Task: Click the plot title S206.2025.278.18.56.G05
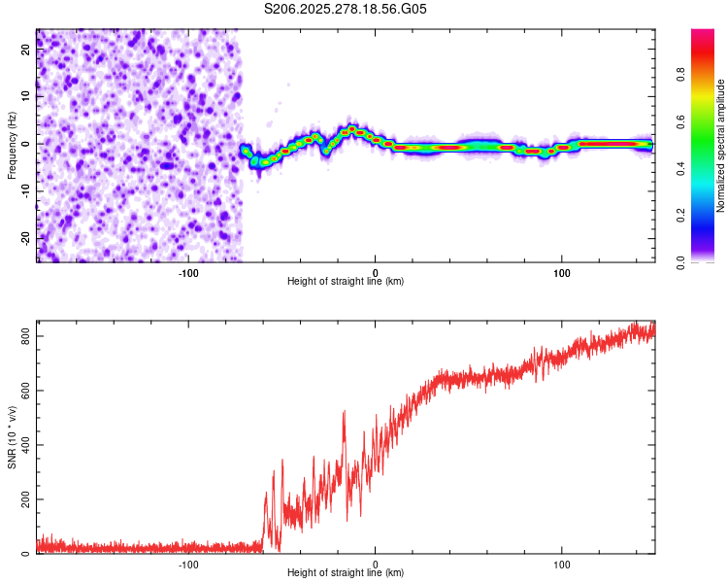[346, 10]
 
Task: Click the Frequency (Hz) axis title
[12, 145]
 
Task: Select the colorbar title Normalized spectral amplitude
[721, 145]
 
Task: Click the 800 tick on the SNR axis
[22, 335]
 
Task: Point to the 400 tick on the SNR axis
[22, 445]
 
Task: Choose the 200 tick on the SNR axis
[22, 499]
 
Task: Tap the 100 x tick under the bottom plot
[561, 563]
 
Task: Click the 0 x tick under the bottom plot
[376, 563]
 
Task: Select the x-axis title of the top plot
[346, 282]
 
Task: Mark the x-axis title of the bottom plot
[346, 573]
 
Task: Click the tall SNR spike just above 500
[344, 412]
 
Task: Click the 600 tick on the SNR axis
[22, 390]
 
